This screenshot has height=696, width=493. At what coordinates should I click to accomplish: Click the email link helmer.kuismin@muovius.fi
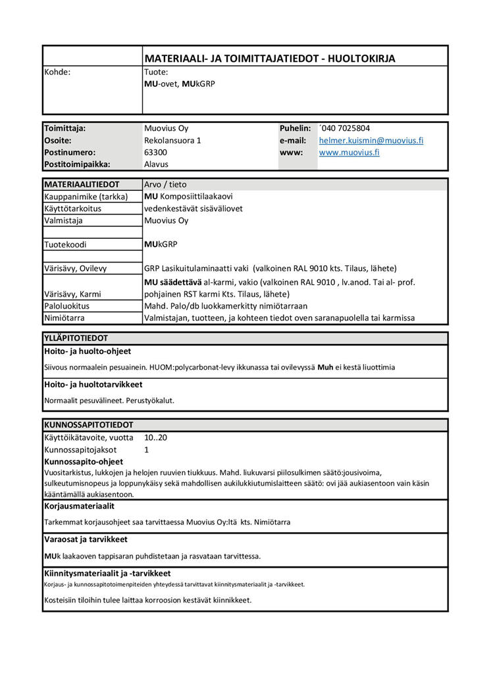pos(371,141)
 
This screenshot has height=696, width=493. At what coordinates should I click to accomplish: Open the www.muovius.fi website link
pos(349,153)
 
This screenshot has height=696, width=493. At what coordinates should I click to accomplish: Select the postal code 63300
pos(155,153)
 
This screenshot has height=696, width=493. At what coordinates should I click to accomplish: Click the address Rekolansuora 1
pos(172,141)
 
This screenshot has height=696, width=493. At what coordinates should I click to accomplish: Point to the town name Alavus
pos(156,164)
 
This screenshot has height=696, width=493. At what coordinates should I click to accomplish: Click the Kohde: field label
pos(57,72)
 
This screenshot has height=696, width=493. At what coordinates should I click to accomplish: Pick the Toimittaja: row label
pos(65,128)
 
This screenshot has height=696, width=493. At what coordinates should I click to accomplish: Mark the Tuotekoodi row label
pos(65,245)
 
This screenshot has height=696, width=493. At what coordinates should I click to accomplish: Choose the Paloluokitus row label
pos(66,306)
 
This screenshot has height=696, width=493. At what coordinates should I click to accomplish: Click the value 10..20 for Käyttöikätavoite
pos(155,437)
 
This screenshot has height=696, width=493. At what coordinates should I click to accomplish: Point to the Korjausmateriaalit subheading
pos(79,507)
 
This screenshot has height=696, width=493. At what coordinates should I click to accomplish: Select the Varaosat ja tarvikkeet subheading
pos(86,539)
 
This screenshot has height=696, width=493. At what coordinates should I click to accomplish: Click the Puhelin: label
pos(295,128)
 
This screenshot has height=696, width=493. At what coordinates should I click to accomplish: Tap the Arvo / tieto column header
pos(165,185)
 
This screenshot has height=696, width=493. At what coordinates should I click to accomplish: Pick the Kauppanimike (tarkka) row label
pos(86,197)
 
